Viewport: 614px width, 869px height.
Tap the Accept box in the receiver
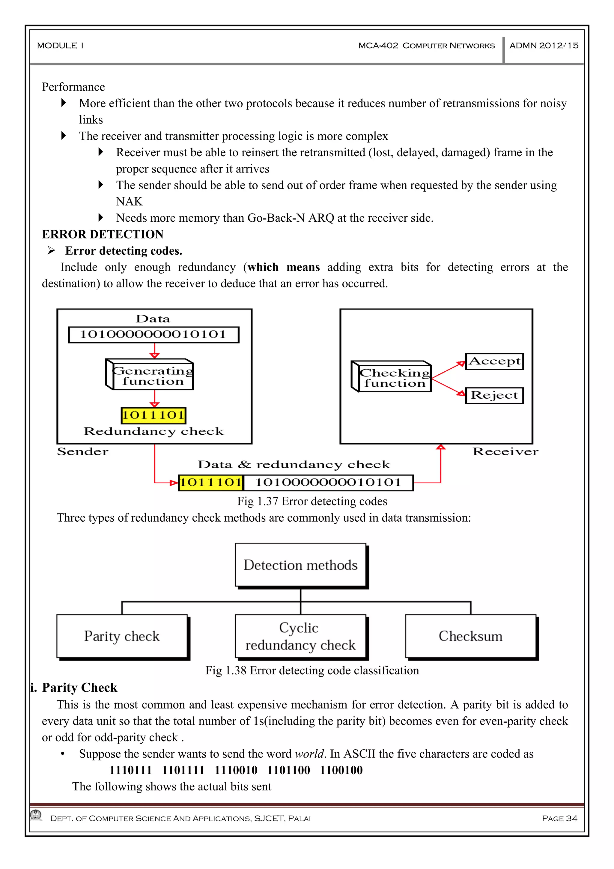pos(494,361)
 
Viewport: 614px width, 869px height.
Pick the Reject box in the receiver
pos(494,396)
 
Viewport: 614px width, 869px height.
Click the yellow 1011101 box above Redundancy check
pos(153,415)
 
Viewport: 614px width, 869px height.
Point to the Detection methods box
pos(300,565)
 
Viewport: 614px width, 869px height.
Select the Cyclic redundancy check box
pos(300,636)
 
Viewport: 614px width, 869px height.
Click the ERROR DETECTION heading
pos(103,235)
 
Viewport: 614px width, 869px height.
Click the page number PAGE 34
pos(559,818)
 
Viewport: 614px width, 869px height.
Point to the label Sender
pos(82,451)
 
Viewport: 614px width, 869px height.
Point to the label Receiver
pos(505,451)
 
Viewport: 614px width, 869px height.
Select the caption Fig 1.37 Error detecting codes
pos(312,502)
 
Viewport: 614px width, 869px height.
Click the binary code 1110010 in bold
pos(236,770)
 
